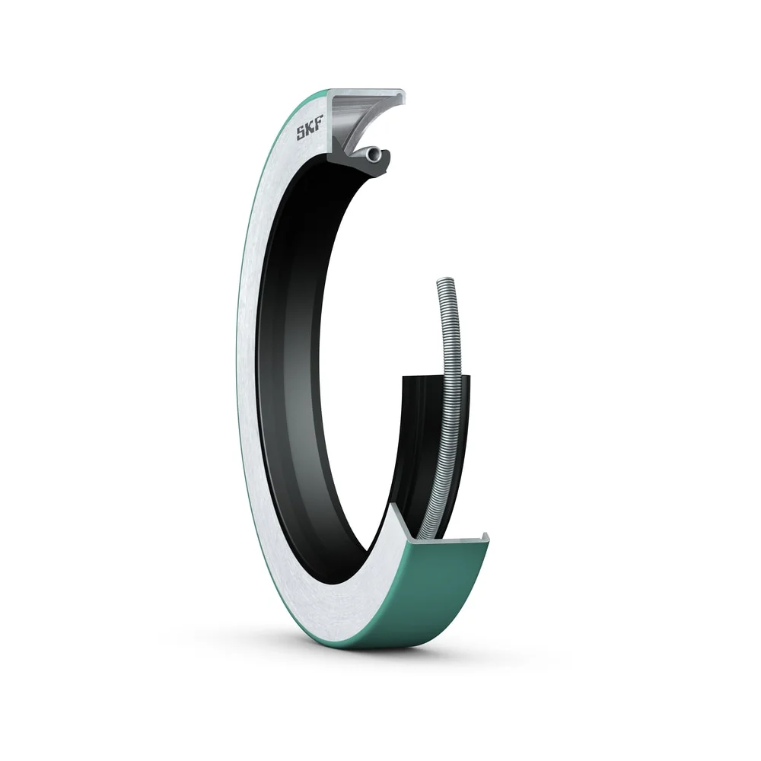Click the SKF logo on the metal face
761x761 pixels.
point(310,132)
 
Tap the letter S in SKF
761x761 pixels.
point(301,135)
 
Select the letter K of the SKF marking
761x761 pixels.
point(310,132)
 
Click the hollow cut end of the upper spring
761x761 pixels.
point(373,154)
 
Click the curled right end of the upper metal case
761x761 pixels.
point(400,97)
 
